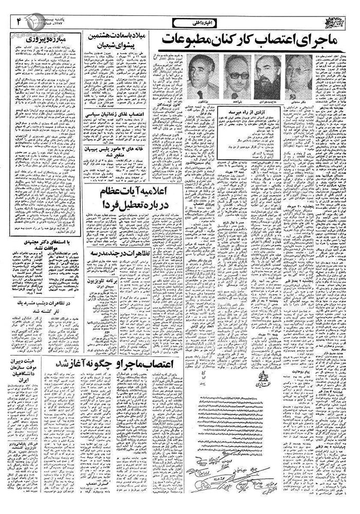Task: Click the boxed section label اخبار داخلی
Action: coord(190,22)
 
